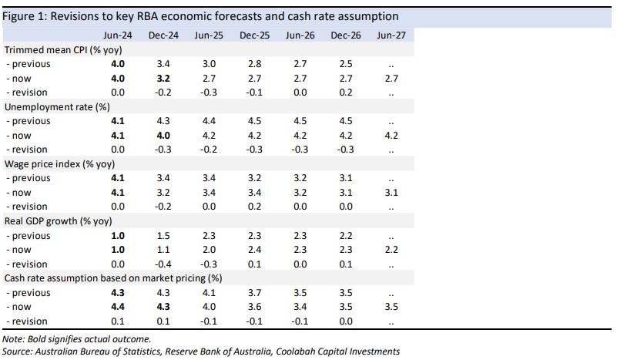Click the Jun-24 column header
click(117, 35)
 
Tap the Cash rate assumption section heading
click(113, 278)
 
